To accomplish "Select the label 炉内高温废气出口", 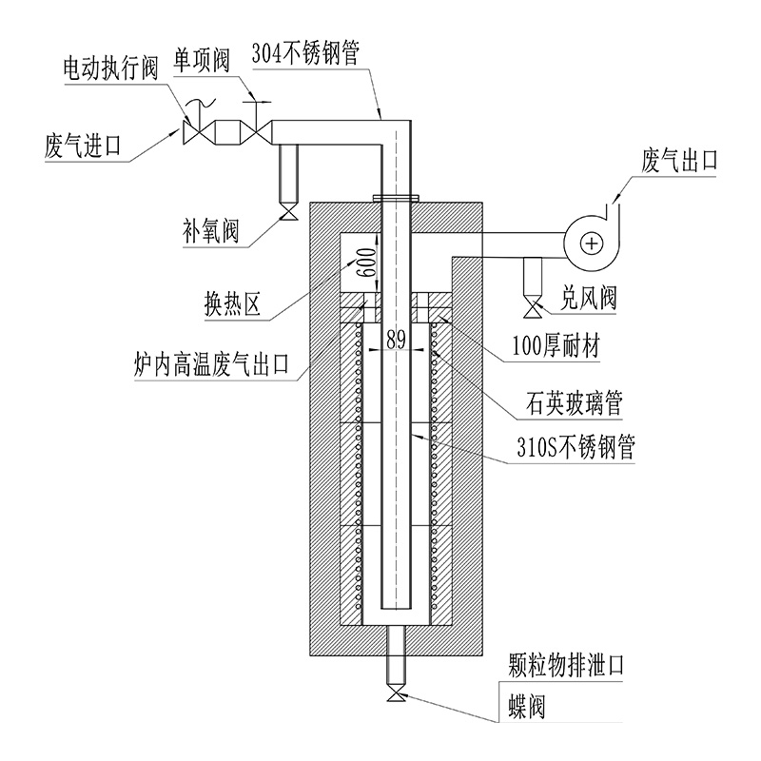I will point(215,363).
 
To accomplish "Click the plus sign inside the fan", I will point(593,244).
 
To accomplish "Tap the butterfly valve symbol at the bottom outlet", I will point(395,696).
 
